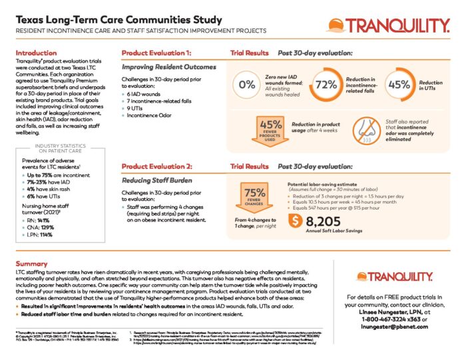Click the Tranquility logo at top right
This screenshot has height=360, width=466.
tap(387, 27)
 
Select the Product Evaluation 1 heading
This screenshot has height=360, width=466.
tap(157, 53)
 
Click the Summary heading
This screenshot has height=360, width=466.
tap(31, 264)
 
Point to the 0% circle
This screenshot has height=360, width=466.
tap(247, 85)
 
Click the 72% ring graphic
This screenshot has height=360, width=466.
tap(326, 85)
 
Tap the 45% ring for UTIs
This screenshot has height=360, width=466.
tap(398, 85)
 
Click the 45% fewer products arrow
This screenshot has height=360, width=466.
tap(272, 129)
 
